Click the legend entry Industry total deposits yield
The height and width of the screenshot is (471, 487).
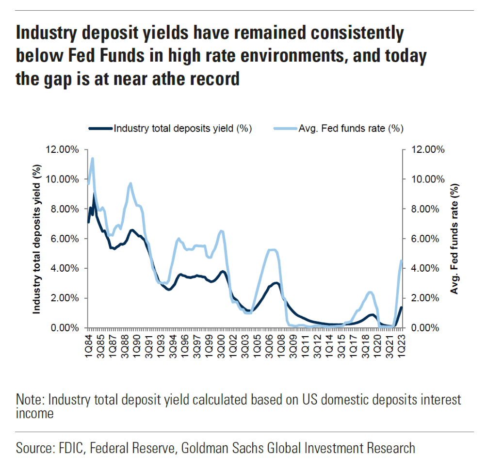182,129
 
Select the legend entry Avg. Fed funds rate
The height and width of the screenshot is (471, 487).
351,129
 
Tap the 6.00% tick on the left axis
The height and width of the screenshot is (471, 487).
63,239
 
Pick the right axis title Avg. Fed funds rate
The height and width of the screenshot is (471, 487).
455,238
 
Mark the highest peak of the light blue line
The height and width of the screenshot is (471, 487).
92,159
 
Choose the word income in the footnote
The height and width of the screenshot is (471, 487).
34,414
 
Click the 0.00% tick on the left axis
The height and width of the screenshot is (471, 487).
63,328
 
